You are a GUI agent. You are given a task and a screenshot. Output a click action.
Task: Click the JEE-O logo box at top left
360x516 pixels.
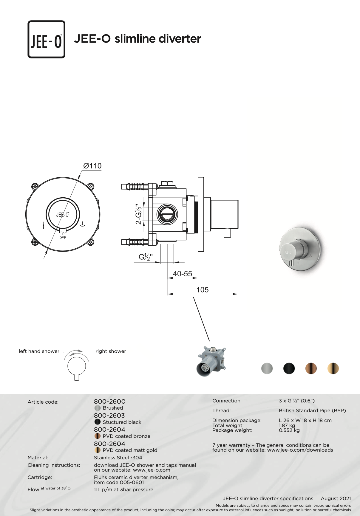click(47, 39)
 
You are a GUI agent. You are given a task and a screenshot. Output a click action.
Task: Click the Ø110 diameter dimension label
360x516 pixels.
click(92, 166)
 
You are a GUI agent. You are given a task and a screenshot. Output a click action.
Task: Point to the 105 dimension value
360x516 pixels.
click(203, 290)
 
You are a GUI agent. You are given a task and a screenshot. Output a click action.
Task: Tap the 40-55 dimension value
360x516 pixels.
click(183, 274)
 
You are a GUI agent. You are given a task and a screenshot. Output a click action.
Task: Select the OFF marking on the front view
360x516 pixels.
click(63, 238)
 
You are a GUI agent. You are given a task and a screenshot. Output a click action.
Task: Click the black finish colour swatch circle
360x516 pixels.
click(289, 368)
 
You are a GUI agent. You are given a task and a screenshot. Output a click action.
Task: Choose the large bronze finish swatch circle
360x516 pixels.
click(311, 368)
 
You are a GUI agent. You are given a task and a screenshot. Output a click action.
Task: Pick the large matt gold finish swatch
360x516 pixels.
click(333, 368)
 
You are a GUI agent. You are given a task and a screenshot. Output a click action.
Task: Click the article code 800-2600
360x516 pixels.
click(110, 402)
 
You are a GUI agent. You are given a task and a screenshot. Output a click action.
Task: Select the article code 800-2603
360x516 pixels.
click(109, 416)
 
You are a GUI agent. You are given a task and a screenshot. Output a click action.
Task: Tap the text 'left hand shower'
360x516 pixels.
click(39, 351)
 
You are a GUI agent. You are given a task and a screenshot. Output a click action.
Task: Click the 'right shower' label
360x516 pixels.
click(111, 351)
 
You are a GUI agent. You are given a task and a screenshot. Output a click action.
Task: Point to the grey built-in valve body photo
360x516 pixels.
click(211, 361)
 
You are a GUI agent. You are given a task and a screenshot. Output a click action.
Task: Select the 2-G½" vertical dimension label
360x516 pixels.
click(139, 214)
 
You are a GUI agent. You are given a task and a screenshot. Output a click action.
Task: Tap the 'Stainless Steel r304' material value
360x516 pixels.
click(118, 458)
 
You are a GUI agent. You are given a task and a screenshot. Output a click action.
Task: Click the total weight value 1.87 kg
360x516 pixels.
click(287, 425)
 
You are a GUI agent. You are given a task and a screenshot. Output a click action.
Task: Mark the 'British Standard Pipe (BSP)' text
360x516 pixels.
click(312, 410)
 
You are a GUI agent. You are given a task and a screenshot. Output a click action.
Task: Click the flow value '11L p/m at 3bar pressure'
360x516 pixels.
click(123, 489)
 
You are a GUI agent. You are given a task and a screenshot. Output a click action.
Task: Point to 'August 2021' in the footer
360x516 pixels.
click(336, 498)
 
